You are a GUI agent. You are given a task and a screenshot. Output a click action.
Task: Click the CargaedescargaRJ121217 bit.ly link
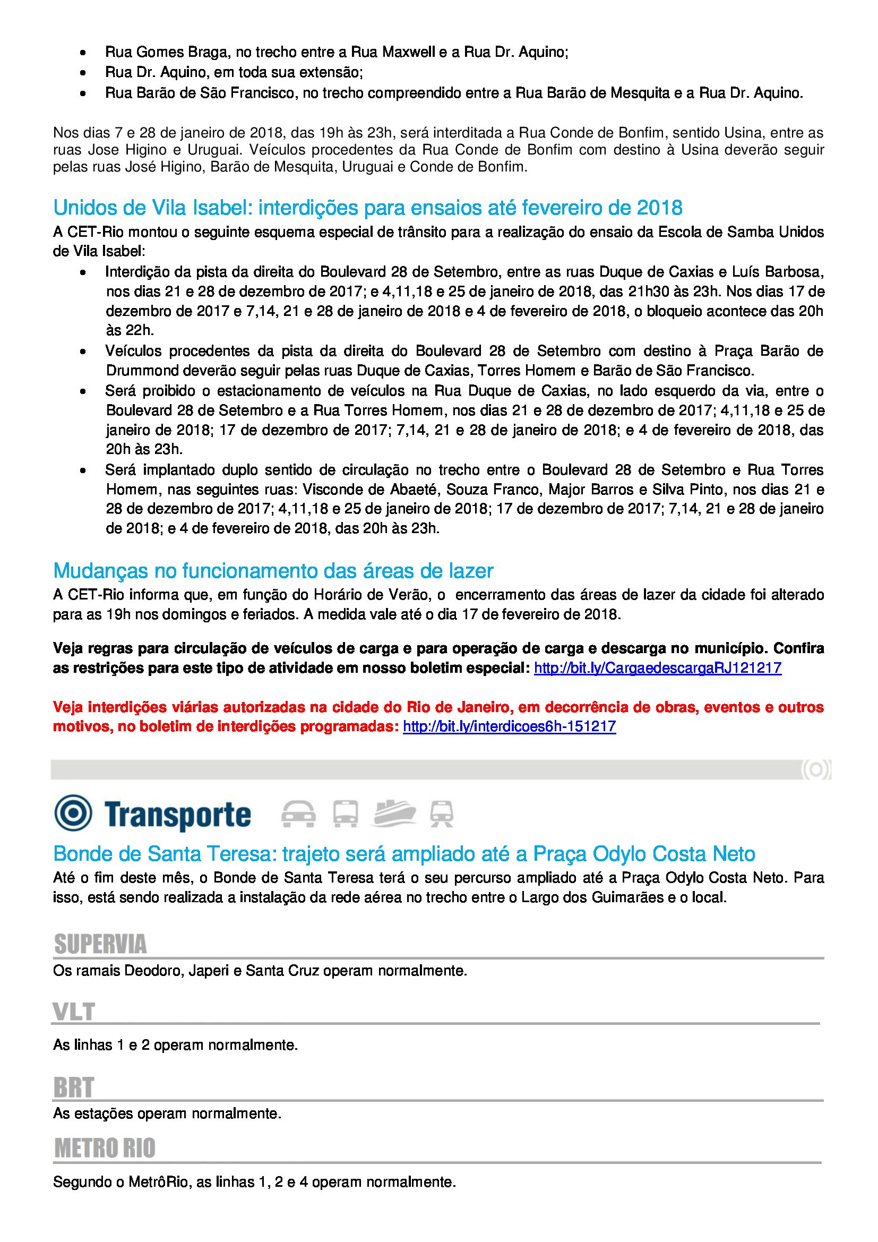657,668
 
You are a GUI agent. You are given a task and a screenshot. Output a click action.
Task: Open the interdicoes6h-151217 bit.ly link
509,726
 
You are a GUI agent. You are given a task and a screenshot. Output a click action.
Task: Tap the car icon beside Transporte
298,814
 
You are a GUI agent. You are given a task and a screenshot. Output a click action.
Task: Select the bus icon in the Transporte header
345,814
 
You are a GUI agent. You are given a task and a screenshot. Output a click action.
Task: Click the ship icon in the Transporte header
393,813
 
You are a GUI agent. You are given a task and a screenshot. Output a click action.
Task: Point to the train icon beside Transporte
441,814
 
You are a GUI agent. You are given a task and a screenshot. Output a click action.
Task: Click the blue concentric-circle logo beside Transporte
73,813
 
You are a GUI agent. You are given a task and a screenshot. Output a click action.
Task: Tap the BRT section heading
74,1088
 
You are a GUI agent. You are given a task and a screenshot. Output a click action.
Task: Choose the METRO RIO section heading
105,1149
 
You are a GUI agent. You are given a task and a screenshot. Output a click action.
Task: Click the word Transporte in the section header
178,815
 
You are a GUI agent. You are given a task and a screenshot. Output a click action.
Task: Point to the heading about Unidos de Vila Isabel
368,207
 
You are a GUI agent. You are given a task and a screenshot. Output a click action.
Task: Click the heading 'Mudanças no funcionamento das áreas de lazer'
273,571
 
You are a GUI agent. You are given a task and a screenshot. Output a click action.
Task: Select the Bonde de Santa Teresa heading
404,854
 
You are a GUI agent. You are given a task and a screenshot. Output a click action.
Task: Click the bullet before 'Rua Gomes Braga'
83,53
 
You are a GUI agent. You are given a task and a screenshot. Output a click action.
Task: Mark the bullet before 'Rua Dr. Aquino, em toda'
83,73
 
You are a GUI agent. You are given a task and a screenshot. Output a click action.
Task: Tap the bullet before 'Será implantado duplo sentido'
83,470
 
